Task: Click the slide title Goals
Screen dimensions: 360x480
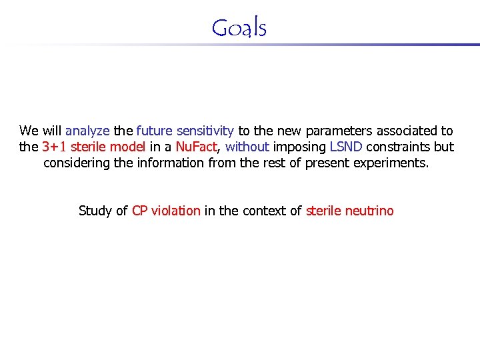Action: [x=239, y=28]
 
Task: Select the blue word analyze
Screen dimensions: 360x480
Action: [x=88, y=131]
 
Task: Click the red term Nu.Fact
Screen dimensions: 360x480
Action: [x=196, y=147]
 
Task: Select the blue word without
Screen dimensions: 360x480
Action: [x=247, y=147]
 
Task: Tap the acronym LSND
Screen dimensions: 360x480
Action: [x=345, y=147]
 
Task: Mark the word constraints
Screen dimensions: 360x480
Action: [x=399, y=147]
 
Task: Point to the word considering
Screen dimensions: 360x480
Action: [x=75, y=163]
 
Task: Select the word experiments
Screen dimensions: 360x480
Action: [x=395, y=163]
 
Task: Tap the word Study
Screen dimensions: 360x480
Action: [x=95, y=211]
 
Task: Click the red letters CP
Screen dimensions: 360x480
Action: [x=140, y=211]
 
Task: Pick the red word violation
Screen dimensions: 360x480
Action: [x=176, y=211]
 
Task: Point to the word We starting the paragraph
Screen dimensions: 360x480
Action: [x=29, y=131]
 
